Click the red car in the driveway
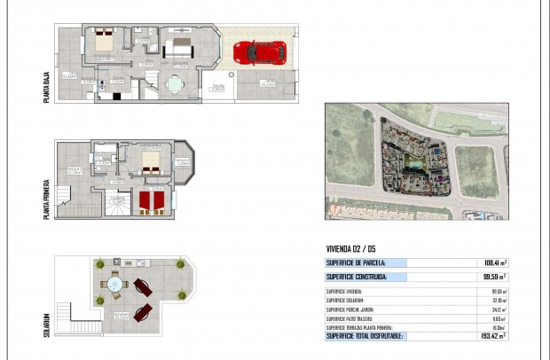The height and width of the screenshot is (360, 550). point(260,52)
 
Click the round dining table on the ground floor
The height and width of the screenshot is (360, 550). point(173,85)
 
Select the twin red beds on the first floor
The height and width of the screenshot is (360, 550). point(148,202)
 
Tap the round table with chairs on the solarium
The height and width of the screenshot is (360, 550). point(114,286)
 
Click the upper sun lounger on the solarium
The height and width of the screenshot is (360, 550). point(144,288)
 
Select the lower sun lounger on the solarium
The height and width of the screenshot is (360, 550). point(142,313)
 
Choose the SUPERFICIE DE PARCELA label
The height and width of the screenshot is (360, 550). point(361,263)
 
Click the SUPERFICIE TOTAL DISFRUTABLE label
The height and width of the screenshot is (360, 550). point(365,336)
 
